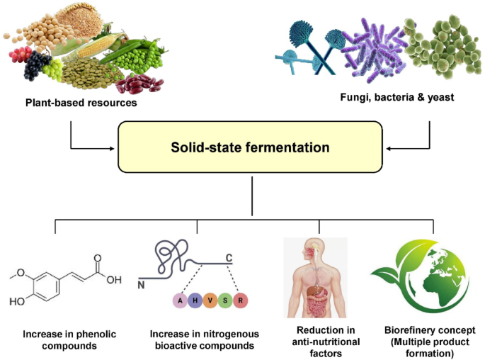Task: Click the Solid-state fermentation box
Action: (x=250, y=148)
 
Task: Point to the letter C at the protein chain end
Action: (x=229, y=257)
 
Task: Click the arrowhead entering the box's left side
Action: (x=114, y=148)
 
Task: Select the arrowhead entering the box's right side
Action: (x=387, y=148)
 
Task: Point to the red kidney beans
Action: (x=136, y=84)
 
